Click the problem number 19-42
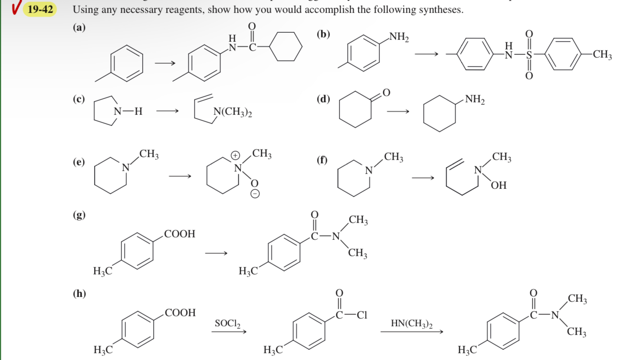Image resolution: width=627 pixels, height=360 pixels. [40, 9]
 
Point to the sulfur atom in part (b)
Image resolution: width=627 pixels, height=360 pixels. [529, 55]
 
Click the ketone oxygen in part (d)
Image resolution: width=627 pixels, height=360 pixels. [387, 92]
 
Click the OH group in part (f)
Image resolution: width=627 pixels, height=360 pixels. [499, 185]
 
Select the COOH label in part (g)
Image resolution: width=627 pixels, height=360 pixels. [180, 234]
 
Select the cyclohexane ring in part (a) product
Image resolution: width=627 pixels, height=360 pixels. [285, 47]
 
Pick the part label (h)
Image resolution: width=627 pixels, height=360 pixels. [79, 293]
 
